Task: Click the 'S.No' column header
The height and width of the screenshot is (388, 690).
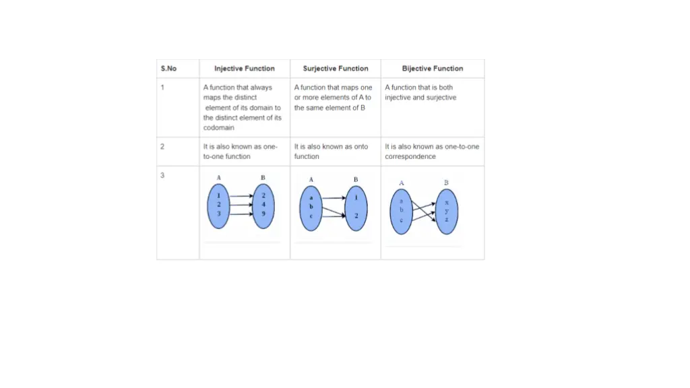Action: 168,69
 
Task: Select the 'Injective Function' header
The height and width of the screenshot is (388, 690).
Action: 244,69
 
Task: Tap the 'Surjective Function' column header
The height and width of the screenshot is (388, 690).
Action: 336,69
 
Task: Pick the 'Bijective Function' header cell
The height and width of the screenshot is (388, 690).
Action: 433,69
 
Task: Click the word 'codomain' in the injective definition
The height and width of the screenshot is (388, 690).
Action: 218,128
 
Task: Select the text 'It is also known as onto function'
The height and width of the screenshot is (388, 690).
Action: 331,152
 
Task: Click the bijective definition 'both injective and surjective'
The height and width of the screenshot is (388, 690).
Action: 420,92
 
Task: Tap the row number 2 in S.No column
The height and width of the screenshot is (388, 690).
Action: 162,146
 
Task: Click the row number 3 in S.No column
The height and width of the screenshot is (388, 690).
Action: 162,176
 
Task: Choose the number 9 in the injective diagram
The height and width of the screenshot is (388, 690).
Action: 263,213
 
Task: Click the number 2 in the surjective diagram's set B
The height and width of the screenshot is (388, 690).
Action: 356,216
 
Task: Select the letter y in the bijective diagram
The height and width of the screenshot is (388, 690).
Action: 446,211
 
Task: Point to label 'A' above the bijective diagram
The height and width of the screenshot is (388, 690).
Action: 402,183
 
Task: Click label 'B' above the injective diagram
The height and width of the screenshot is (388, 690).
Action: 263,178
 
